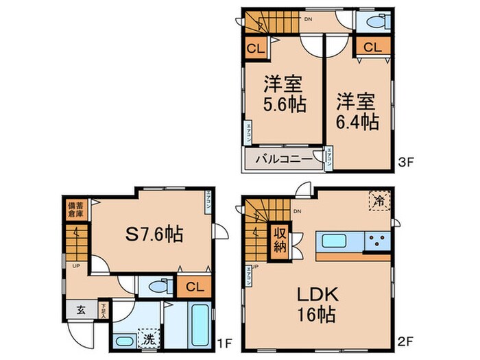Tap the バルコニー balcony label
pos(280,160)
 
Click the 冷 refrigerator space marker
pos(379,201)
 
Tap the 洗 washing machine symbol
pos(147,338)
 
